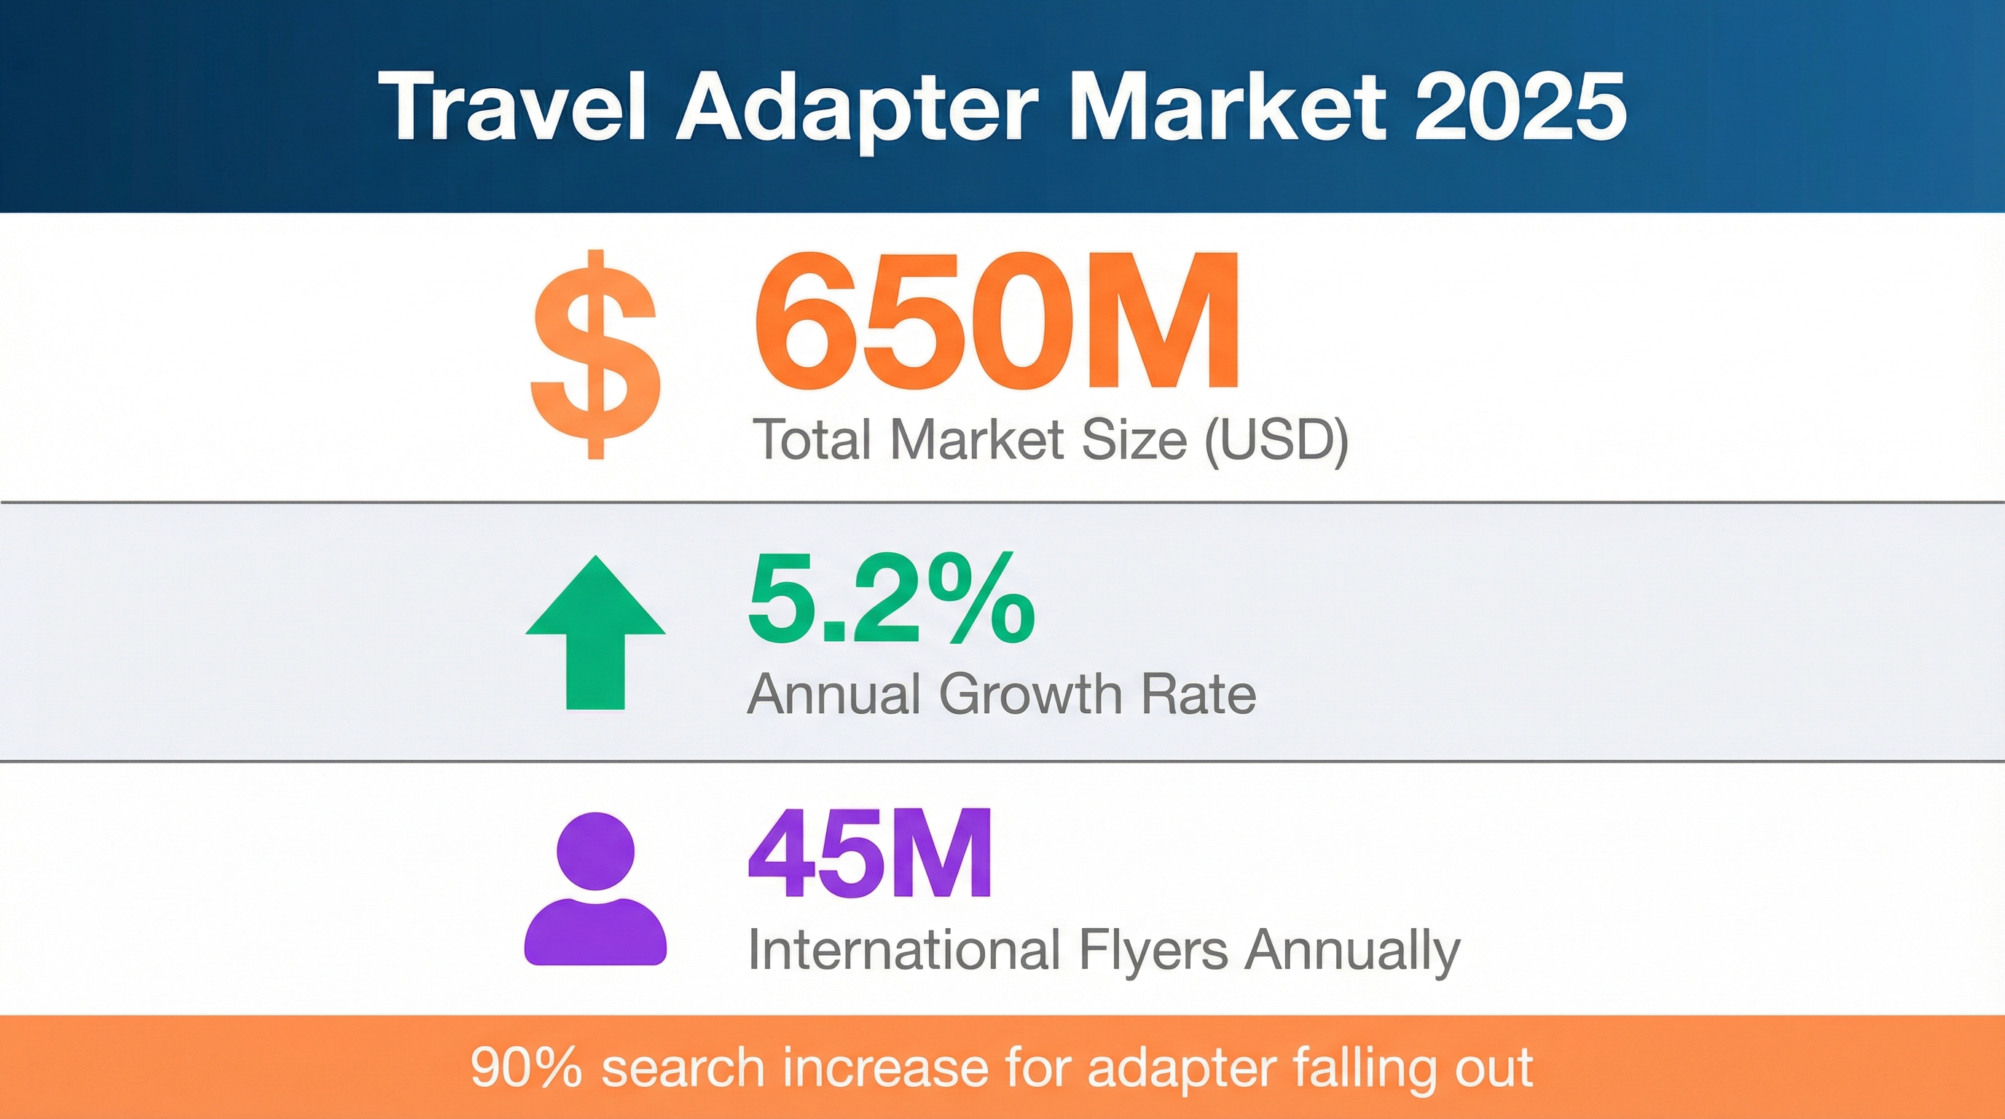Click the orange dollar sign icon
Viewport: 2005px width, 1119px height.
tap(596, 354)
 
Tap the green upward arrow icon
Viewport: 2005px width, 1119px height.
tap(595, 632)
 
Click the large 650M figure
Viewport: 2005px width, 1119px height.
tap(996, 320)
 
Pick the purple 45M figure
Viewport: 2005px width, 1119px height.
tap(869, 854)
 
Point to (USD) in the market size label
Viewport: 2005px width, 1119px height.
tap(1276, 441)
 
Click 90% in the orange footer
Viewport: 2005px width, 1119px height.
tap(526, 1068)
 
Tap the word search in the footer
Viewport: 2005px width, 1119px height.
tap(683, 1068)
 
